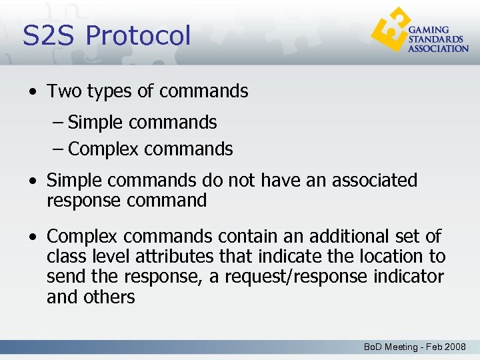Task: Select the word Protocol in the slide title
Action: (x=138, y=35)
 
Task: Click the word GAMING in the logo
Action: (x=428, y=31)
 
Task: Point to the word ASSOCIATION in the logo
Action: (x=438, y=49)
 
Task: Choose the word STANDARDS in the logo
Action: (x=434, y=39)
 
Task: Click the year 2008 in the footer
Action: (x=455, y=347)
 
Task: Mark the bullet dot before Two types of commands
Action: (x=33, y=92)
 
